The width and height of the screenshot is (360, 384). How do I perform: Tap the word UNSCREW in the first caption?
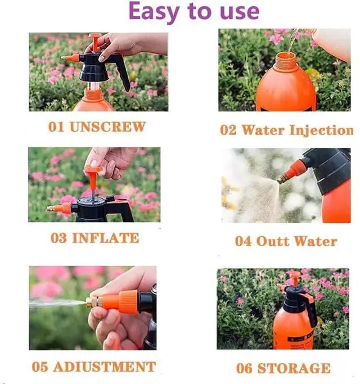click(107, 127)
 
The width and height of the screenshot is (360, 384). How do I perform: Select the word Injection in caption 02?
click(322, 130)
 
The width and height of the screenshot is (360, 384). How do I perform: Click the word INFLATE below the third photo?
click(106, 238)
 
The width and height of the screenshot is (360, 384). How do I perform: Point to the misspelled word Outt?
click(273, 241)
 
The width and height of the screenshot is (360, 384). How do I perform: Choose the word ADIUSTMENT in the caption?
click(105, 367)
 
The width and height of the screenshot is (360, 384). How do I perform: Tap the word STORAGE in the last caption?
click(294, 368)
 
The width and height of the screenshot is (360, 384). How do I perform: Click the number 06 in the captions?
click(244, 368)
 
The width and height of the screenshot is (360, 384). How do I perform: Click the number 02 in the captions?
click(228, 130)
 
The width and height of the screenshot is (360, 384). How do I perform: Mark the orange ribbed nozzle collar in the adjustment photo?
click(128, 302)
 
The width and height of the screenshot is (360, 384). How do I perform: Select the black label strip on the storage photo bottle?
click(301, 338)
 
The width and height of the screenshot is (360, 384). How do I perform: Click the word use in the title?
click(240, 12)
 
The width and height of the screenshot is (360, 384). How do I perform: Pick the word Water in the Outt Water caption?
click(316, 241)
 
